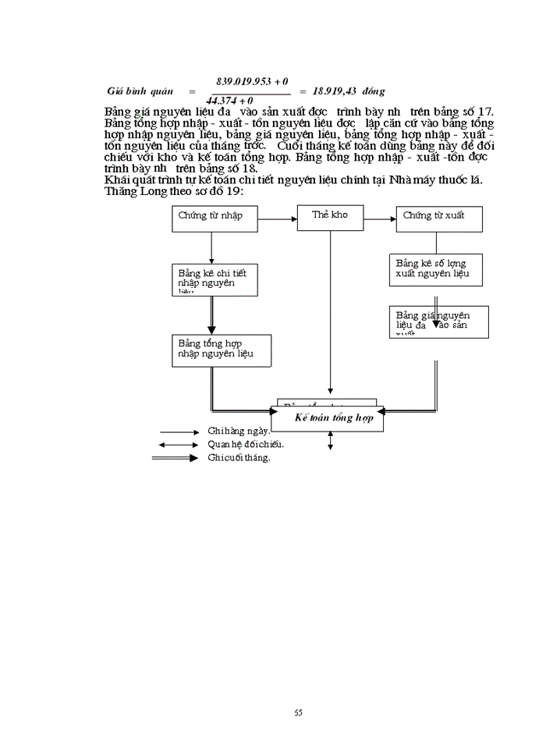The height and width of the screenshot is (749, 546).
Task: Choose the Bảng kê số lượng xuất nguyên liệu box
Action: (438, 270)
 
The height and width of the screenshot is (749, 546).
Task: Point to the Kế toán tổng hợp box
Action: (334, 417)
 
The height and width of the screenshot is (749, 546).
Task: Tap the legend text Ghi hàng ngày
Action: (239, 431)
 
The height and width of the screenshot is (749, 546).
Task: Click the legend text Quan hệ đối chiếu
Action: (246, 444)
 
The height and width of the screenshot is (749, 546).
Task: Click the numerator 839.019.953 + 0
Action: (251, 81)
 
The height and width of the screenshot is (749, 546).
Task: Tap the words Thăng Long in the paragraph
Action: (133, 192)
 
